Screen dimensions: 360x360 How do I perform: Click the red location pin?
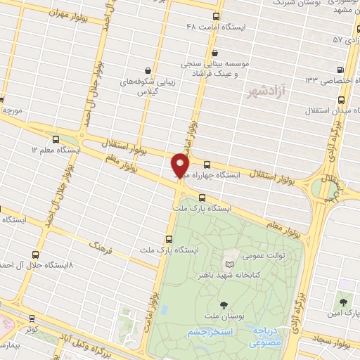coord(181,166)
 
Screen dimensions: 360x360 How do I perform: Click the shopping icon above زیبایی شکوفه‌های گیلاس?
coord(147,70)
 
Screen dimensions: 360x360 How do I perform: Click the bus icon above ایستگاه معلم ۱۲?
coord(56,139)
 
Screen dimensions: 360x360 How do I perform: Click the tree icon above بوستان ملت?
coord(224,305)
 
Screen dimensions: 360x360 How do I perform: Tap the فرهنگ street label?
coord(98,246)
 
